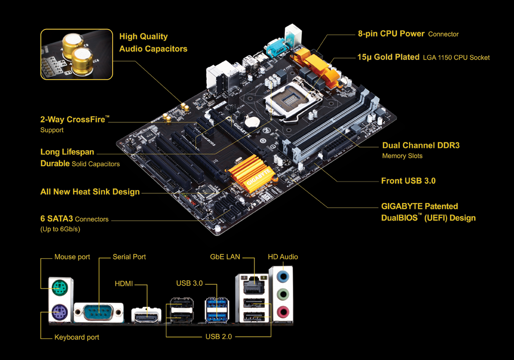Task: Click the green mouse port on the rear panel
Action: [60, 289]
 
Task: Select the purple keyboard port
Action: [60, 312]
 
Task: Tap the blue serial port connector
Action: [99, 313]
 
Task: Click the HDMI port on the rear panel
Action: [146, 315]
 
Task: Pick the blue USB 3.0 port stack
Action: [217, 309]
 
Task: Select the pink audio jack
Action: [283, 312]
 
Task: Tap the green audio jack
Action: [283, 294]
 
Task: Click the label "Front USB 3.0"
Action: [408, 181]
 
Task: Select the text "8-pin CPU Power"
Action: [391, 33]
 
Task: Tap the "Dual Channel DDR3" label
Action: [421, 145]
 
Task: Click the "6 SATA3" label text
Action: [57, 219]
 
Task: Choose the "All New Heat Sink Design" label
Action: [90, 192]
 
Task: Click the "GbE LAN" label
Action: [225, 257]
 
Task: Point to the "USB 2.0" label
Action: [218, 337]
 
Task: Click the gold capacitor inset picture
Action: [77, 55]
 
